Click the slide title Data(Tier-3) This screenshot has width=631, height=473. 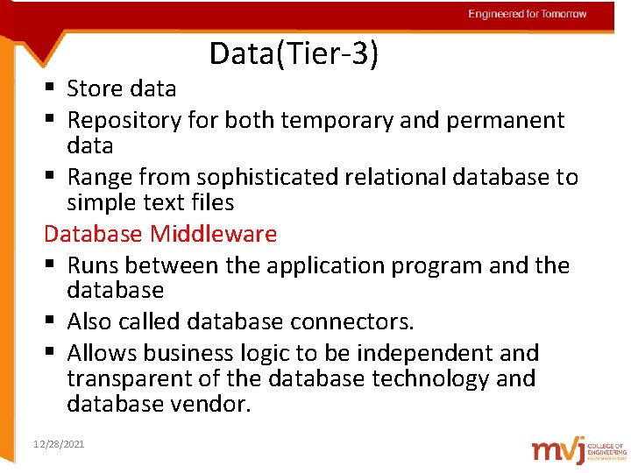click(294, 54)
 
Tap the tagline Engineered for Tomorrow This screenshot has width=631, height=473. click(527, 14)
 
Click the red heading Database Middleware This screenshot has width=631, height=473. click(160, 234)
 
